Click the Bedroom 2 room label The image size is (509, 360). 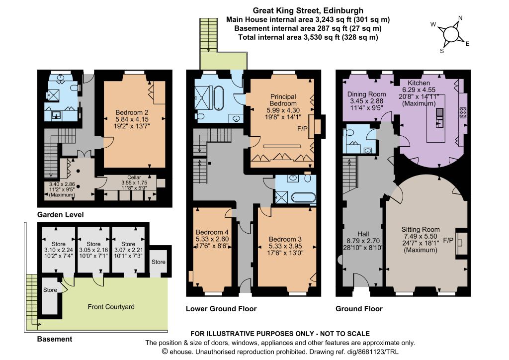(132, 112)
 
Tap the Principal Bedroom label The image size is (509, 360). (283, 100)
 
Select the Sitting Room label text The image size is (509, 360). (421, 229)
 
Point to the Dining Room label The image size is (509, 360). (366, 94)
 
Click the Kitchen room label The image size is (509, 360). (419, 83)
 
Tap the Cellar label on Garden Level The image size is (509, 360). (134, 178)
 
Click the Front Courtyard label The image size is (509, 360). (111, 307)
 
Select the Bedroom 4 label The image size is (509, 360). (212, 232)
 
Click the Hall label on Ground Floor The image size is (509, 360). (363, 234)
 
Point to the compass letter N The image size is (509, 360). (460, 18)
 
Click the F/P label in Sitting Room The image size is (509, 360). (448, 240)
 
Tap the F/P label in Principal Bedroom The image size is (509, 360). (302, 129)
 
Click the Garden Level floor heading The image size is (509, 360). (60, 215)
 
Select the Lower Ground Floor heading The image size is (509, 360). (221, 309)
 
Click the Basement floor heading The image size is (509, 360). (55, 339)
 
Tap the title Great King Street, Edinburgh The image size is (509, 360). (308, 11)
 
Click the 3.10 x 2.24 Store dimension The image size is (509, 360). (59, 250)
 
